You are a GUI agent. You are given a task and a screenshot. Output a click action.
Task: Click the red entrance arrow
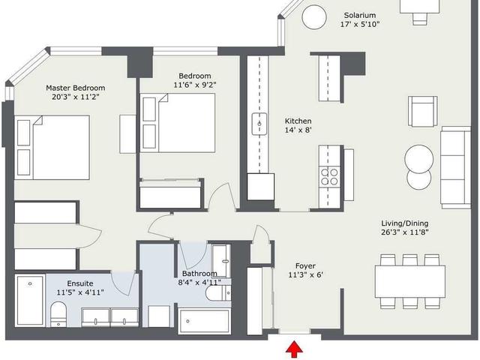tap(294, 349)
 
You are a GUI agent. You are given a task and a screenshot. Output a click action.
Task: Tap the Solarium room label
tap(360, 15)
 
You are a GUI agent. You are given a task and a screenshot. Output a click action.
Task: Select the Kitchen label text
tap(298, 121)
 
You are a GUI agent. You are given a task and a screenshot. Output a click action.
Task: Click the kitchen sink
tap(259, 124)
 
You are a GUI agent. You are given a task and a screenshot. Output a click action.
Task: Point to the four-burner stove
tap(329, 177)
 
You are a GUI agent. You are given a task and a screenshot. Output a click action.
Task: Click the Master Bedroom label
tap(75, 88)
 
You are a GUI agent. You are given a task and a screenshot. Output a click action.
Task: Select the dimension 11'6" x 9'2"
tap(195, 85)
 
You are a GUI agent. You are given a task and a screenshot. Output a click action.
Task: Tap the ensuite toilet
tap(58, 313)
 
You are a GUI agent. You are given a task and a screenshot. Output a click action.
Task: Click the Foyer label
tap(305, 266)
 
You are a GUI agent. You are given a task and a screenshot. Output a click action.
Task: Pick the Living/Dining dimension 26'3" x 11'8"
tap(404, 232)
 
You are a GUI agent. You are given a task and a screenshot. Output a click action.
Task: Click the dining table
tap(410, 282)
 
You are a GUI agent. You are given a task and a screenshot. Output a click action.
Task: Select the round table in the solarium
tap(313, 17)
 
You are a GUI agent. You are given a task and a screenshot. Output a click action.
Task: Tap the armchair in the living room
tap(422, 112)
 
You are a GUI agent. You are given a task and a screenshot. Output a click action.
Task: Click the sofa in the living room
tap(455, 167)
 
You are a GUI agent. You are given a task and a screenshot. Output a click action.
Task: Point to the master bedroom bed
tap(52, 147)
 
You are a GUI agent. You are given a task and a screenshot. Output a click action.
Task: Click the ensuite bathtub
tap(30, 300)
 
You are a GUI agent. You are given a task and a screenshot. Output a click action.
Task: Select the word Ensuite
tap(80, 283)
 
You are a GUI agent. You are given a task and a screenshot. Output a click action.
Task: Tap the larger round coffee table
tap(418, 159)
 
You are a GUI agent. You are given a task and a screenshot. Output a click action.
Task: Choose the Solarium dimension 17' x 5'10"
tap(360, 24)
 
